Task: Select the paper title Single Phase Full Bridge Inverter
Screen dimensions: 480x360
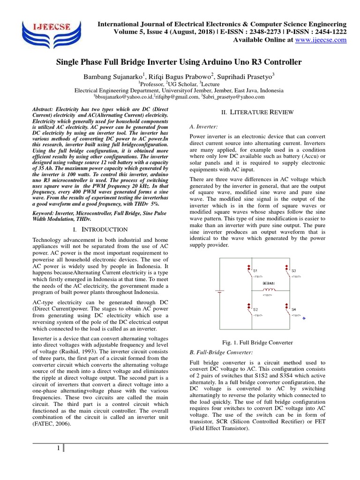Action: coord(180,62)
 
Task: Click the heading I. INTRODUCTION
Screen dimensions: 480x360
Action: coord(101,229)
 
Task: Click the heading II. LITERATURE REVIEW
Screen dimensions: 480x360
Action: coord(258,112)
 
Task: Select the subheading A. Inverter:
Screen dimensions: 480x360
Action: coord(203,127)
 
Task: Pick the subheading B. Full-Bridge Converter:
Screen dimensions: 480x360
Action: coord(221,352)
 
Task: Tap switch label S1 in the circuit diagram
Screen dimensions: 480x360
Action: coord(255,271)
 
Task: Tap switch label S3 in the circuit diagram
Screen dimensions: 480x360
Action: coord(294,271)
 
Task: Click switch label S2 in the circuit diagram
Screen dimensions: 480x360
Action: coord(255,310)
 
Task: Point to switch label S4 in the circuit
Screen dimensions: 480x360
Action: coord(294,310)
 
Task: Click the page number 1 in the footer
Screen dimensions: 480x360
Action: coord(58,448)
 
